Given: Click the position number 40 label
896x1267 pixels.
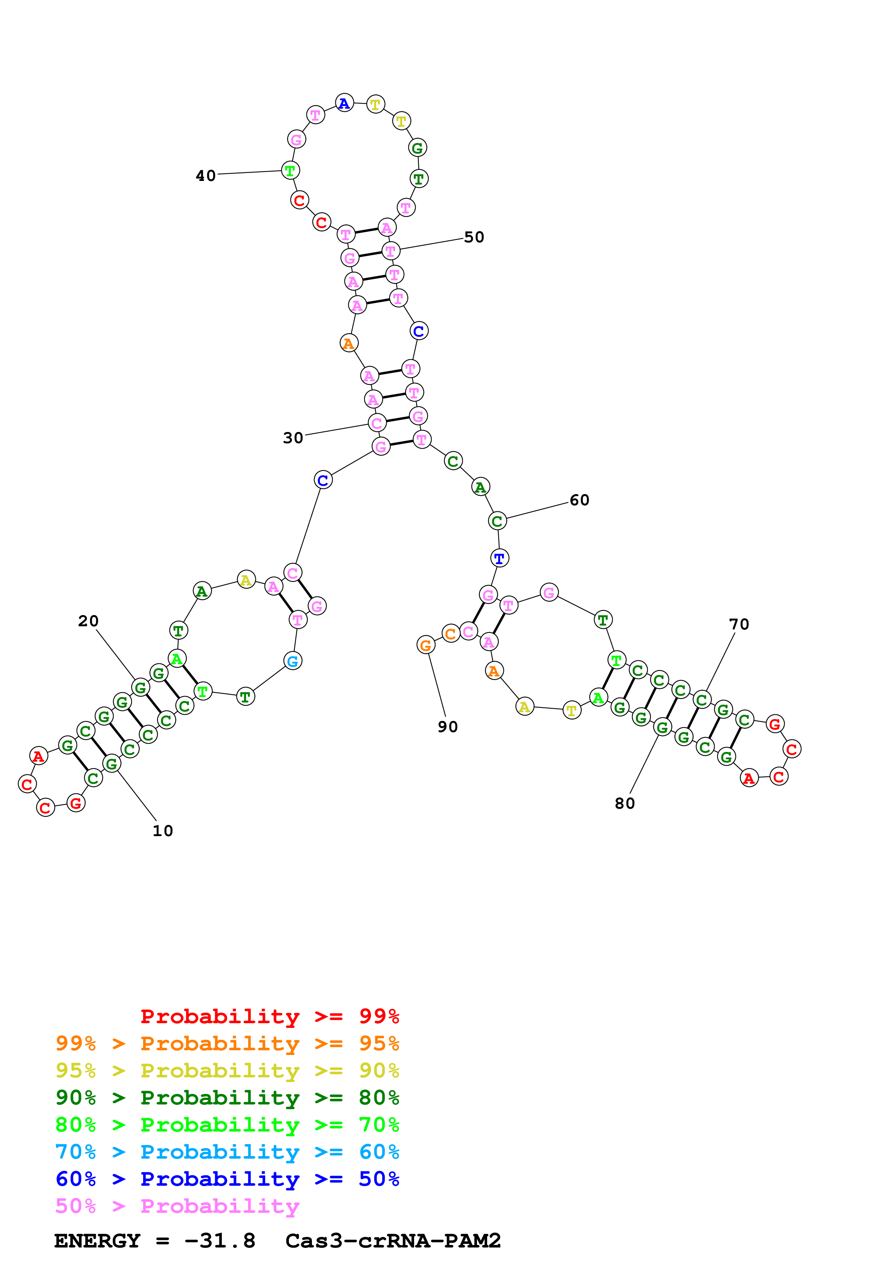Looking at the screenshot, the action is click(205, 176).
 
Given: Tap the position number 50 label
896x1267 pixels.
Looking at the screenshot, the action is click(474, 237).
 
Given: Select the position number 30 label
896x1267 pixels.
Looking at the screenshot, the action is click(293, 438).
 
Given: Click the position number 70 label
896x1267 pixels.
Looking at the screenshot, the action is click(739, 625).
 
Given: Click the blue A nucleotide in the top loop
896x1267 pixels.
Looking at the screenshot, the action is click(344, 103).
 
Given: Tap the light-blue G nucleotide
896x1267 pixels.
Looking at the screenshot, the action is click(293, 661).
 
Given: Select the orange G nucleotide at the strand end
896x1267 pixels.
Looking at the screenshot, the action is click(425, 645).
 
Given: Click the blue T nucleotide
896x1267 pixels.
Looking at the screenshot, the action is click(499, 558).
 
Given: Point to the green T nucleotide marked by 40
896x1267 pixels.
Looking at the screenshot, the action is click(290, 170).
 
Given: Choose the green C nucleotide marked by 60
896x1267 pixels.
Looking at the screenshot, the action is click(497, 521).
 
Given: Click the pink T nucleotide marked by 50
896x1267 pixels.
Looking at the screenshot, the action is click(391, 251).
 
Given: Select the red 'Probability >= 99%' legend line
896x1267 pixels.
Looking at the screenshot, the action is click(269, 1016).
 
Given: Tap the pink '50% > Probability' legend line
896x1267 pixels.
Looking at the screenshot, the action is click(177, 1206).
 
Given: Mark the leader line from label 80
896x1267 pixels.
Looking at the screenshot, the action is click(644, 765).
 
